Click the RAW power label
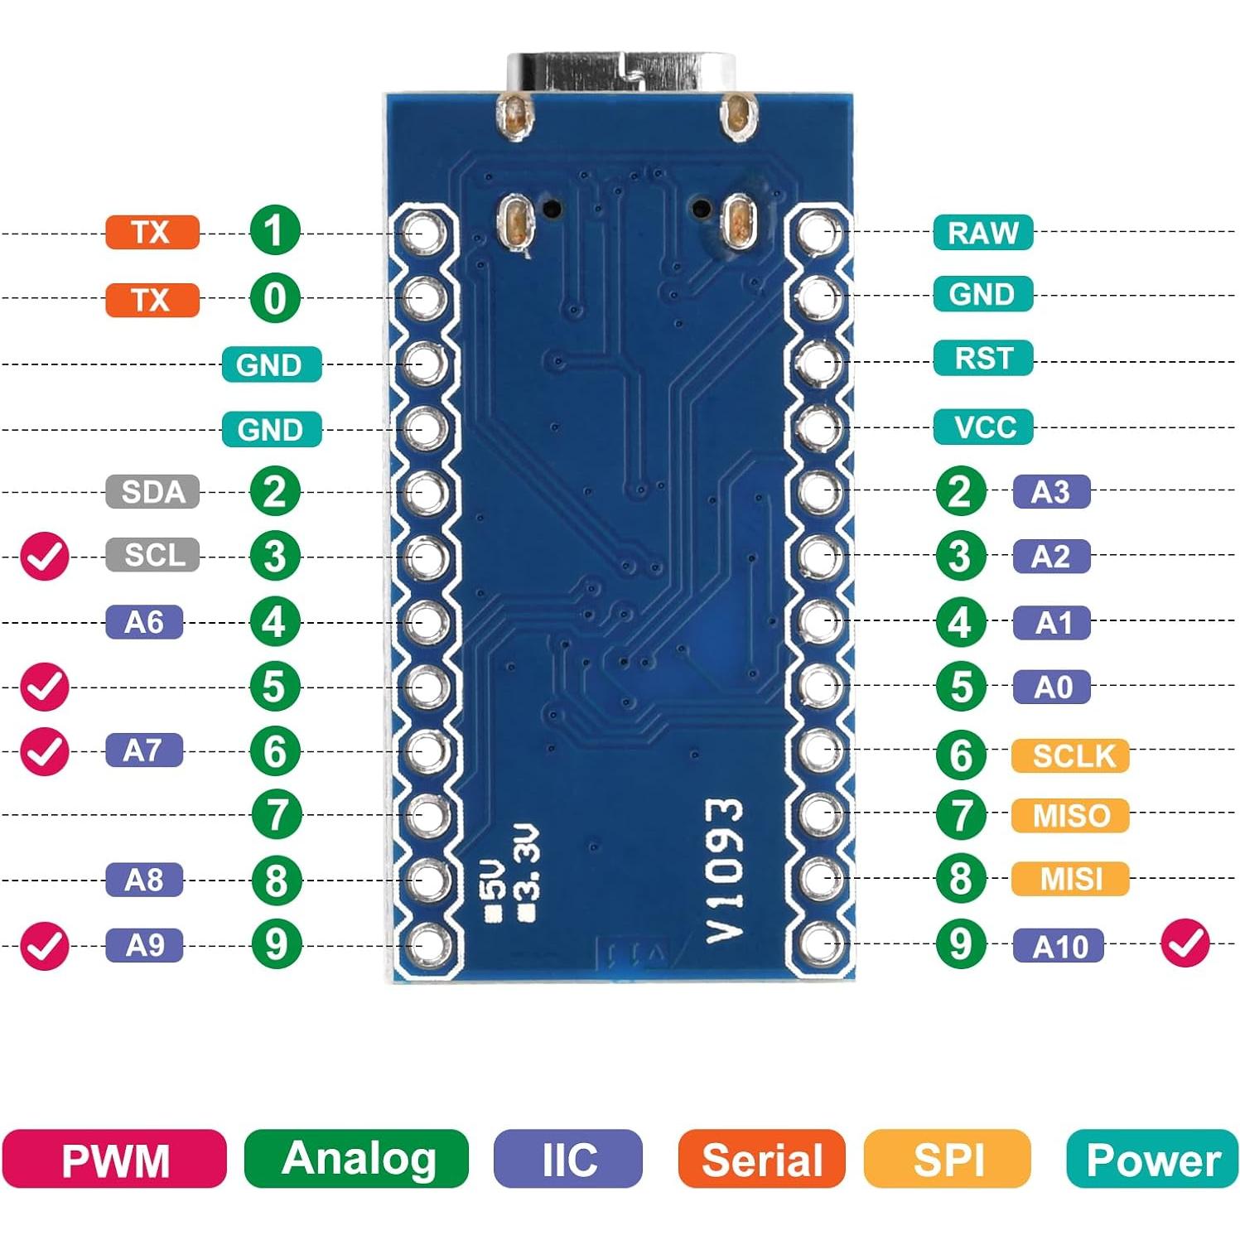982,233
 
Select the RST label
982,359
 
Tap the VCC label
983,427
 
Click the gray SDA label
152,491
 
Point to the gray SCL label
152,555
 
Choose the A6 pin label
144,622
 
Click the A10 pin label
1058,946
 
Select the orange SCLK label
1070,755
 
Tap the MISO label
1070,816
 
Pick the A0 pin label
1051,688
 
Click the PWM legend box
114,1159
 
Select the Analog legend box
357,1159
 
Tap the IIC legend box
568,1159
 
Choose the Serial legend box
761,1159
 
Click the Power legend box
1152,1159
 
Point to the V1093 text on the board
724,871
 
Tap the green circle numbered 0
275,298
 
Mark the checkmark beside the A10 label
1185,943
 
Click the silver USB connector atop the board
622,73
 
